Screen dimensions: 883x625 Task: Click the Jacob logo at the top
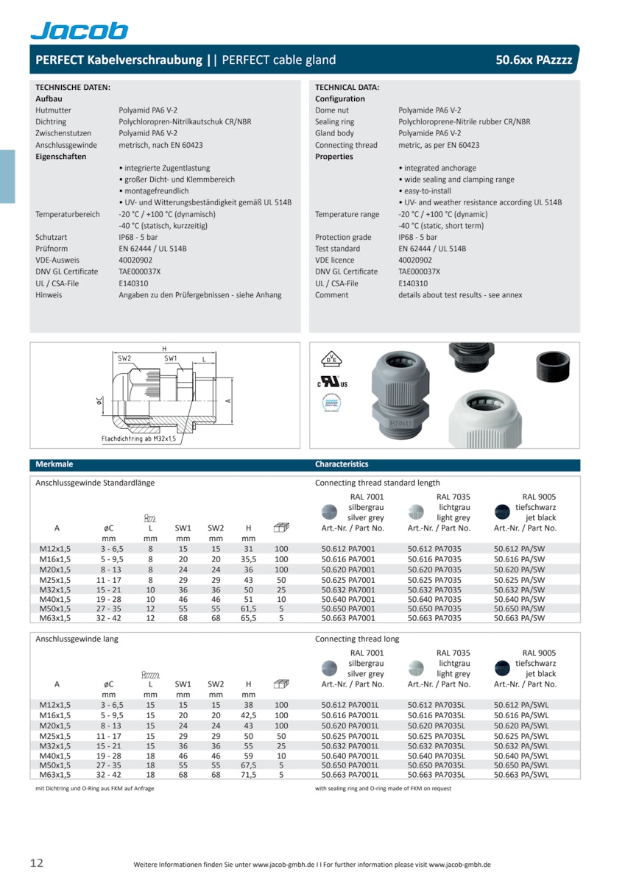79,30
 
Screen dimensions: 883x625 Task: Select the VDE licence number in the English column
415,260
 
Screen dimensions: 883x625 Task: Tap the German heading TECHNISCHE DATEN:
73,87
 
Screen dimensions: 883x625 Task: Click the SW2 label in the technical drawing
124,358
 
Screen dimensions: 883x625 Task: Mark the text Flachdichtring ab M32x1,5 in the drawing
138,439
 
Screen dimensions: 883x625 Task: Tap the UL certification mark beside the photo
333,383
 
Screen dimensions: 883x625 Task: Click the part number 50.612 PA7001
348,549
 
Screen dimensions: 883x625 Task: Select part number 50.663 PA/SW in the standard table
518,619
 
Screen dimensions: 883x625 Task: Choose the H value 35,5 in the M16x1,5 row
249,559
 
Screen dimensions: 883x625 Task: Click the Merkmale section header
54,464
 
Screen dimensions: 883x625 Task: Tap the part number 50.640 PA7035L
437,755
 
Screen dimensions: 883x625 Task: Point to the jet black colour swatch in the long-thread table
503,667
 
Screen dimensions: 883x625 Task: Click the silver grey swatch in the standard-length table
330,512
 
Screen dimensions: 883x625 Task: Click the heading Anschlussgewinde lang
77,639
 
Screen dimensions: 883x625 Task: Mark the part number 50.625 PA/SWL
521,735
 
